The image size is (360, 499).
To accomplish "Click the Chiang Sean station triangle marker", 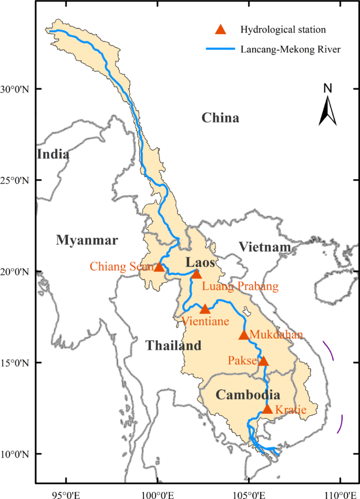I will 159,267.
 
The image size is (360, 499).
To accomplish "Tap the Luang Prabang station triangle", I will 197,274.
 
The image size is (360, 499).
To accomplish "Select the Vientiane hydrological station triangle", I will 205,309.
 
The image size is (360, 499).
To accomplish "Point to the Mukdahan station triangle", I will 244,335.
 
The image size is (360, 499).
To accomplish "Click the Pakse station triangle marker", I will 264,361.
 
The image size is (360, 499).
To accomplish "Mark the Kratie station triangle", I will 268,409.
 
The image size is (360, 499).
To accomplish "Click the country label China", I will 220,118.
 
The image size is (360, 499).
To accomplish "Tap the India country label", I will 53,154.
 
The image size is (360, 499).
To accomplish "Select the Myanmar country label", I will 87,241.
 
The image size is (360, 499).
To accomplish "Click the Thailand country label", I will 173,346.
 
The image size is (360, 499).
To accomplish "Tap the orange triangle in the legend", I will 222,29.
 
